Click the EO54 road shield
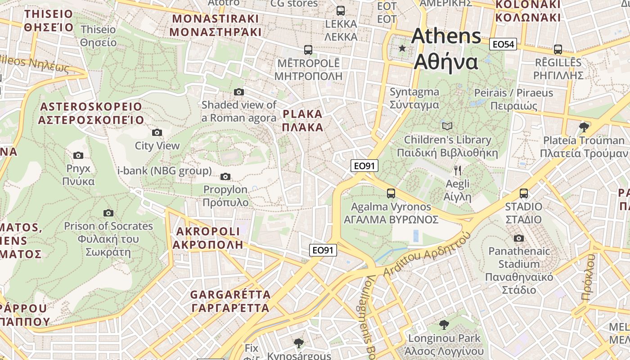(503, 44)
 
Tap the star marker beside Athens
(402, 48)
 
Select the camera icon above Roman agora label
(239, 92)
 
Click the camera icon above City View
(157, 132)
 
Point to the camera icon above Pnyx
(78, 155)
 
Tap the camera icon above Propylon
(225, 176)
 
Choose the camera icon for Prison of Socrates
(108, 213)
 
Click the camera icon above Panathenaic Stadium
(519, 238)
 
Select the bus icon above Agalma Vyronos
(391, 193)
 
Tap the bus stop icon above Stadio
(524, 193)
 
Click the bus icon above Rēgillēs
(558, 49)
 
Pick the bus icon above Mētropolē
(308, 49)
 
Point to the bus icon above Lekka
(341, 10)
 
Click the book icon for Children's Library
(447, 126)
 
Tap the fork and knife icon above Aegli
(458, 170)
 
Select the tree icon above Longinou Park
(444, 324)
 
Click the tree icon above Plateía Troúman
(584, 127)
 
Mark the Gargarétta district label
(230, 301)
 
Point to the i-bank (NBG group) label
(164, 171)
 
